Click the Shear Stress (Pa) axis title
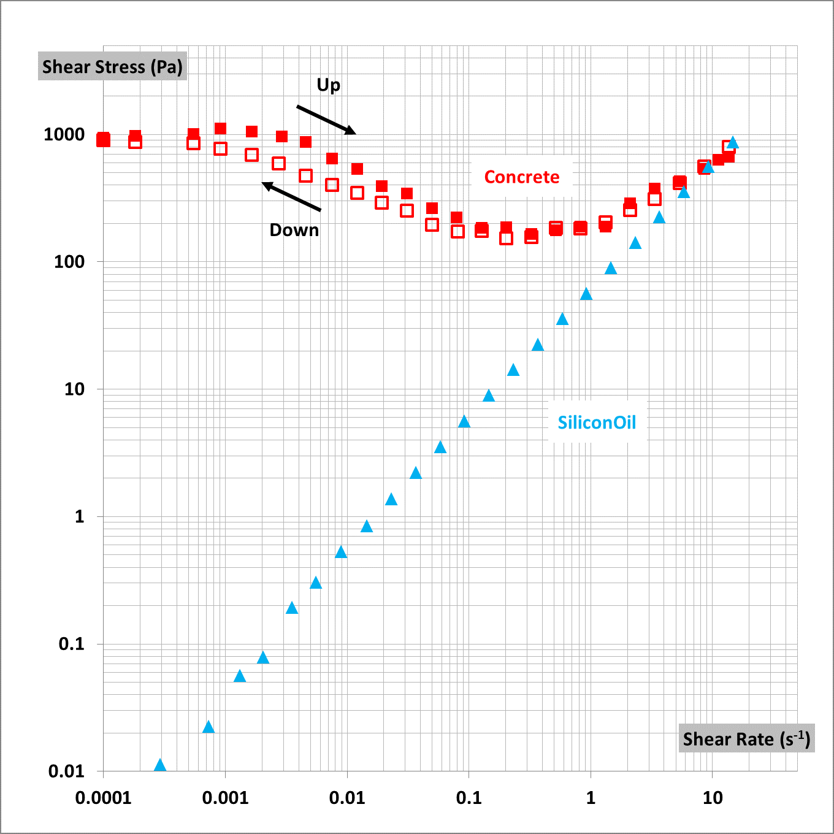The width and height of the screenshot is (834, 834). pyautogui.click(x=112, y=67)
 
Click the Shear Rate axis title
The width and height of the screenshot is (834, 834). pyautogui.click(x=746, y=739)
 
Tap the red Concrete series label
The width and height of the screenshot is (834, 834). pyautogui.click(x=522, y=177)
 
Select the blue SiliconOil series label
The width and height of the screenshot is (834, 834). pyautogui.click(x=597, y=423)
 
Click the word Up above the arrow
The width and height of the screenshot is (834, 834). pyautogui.click(x=328, y=85)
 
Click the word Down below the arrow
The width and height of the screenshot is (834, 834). pyautogui.click(x=294, y=230)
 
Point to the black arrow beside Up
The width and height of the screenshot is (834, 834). pyautogui.click(x=326, y=120)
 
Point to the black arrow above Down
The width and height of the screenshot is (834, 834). pyautogui.click(x=291, y=196)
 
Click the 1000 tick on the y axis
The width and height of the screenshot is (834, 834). pyautogui.click(x=64, y=134)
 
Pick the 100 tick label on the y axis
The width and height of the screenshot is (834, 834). pyautogui.click(x=69, y=262)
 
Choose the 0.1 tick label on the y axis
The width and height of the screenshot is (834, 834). pyautogui.click(x=72, y=644)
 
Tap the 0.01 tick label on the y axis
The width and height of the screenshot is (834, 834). pyautogui.click(x=67, y=771)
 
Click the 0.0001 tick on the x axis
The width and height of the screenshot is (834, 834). pyautogui.click(x=103, y=798)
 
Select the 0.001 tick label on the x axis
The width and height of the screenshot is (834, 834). pyautogui.click(x=225, y=798)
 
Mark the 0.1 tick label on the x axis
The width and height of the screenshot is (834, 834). pyautogui.click(x=469, y=798)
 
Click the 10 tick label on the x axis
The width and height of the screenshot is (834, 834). pyautogui.click(x=713, y=798)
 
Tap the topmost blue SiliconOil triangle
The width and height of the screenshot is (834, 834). pyautogui.click(x=732, y=143)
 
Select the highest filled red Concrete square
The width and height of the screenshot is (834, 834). pyautogui.click(x=220, y=128)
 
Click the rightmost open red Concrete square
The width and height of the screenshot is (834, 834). pyautogui.click(x=729, y=147)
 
